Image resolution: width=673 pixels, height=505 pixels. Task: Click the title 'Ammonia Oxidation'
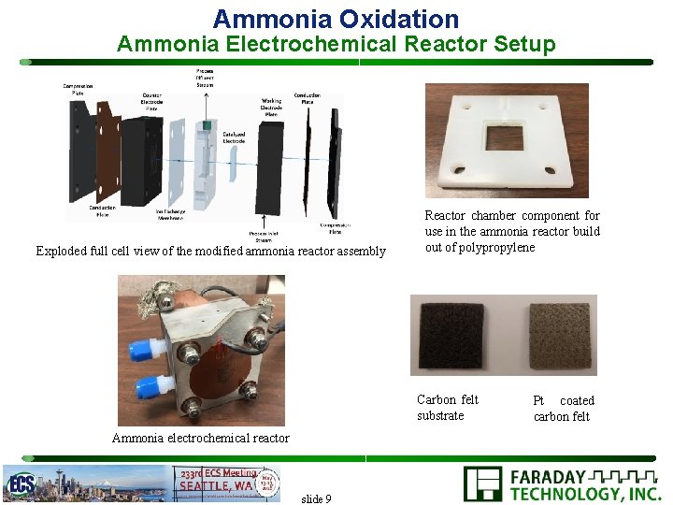pos(336,19)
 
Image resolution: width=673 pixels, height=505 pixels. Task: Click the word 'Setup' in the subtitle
pos(523,44)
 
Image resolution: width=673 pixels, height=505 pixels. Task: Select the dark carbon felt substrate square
pos(452,334)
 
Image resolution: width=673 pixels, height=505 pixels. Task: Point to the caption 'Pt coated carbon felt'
pos(563,409)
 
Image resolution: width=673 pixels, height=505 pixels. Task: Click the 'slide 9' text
pos(316,498)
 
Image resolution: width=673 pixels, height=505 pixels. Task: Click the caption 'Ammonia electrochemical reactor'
pos(200,438)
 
